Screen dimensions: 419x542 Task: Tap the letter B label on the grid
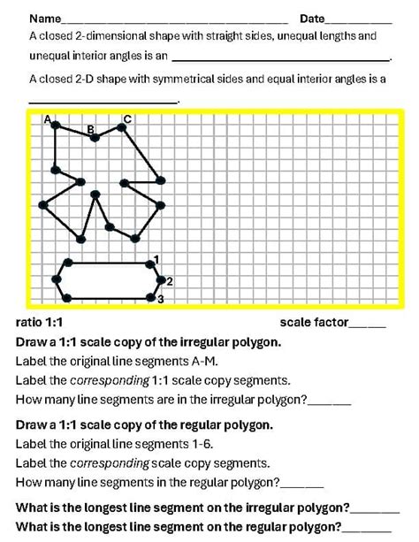[90, 129]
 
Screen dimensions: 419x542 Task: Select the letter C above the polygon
[127, 118]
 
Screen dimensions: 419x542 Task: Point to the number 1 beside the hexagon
[156, 258]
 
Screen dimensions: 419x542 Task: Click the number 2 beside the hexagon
[169, 280]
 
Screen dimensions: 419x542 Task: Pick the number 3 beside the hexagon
[161, 300]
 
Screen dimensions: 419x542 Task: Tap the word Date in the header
[312, 19]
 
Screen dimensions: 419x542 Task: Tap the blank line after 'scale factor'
[368, 325]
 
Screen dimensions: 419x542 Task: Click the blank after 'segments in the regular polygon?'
[301, 485]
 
